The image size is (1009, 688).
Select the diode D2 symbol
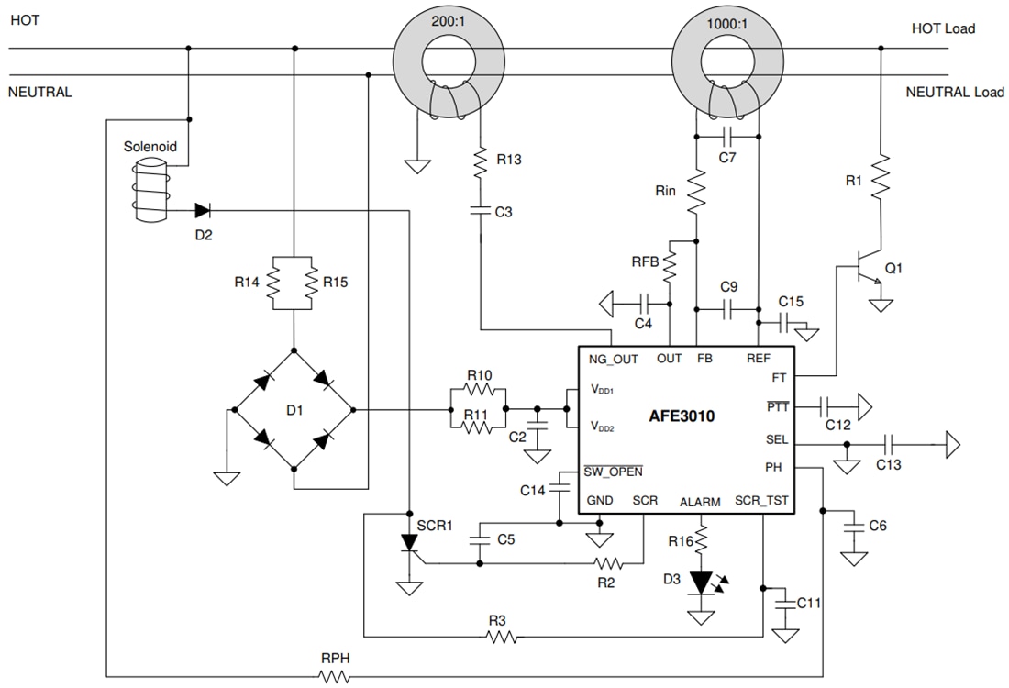[x=201, y=210]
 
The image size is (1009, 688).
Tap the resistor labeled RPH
[x=334, y=676]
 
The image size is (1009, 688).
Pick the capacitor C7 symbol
[x=727, y=137]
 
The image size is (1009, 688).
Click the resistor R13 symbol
[x=480, y=163]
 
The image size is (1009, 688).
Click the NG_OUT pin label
[x=613, y=359]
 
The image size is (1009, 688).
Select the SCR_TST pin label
[x=761, y=501]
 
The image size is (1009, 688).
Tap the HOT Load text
[x=942, y=28]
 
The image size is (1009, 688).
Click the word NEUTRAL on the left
[x=39, y=92]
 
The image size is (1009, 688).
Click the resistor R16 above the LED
[x=702, y=541]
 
